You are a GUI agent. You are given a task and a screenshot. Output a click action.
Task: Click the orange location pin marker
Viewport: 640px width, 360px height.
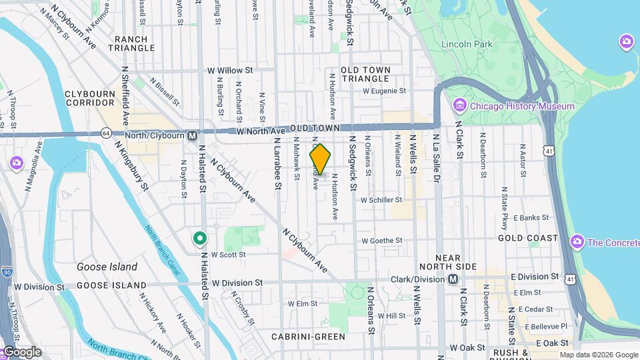320,159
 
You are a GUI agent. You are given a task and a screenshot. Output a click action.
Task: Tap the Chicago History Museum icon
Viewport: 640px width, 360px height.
459,106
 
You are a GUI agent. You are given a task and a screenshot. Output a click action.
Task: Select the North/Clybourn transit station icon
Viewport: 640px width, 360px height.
193,135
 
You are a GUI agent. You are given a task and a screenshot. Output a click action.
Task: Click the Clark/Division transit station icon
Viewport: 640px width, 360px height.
453,279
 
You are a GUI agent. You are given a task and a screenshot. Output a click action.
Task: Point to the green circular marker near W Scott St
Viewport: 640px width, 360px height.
199,238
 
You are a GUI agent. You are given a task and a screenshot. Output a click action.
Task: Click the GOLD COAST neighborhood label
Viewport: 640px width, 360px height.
537,238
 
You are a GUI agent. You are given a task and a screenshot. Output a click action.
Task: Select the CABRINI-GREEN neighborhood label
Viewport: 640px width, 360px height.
307,337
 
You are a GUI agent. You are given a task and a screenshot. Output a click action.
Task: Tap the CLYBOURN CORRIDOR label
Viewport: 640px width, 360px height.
90,99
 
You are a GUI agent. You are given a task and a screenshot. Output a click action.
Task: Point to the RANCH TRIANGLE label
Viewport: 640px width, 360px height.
140,44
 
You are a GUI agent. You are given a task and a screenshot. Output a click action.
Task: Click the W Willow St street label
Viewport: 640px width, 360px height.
230,69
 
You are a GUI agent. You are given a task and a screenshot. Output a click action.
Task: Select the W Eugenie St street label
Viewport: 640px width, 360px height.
384,91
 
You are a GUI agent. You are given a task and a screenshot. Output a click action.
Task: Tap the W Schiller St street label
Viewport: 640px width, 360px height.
381,199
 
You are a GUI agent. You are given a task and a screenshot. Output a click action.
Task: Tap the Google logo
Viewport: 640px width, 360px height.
21,351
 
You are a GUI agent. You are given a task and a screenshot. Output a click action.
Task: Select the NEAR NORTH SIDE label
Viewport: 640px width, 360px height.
456,262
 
